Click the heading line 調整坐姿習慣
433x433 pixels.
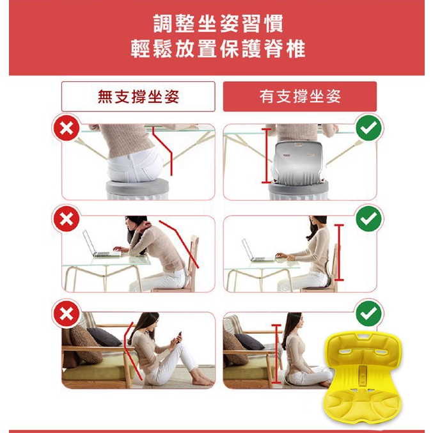[x=218, y=24]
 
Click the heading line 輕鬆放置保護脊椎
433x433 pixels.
[x=218, y=49]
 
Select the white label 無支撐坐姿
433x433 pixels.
[x=138, y=97]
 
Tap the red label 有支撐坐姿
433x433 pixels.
[x=300, y=97]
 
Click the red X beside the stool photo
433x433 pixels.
[x=67, y=129]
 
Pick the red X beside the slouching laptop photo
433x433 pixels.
[x=67, y=219]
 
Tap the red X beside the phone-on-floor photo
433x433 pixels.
[x=67, y=313]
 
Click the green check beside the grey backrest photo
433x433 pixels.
[x=368, y=128]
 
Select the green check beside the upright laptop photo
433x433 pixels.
[x=368, y=219]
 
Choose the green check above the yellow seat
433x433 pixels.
[x=368, y=313]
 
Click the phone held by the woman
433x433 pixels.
[x=179, y=336]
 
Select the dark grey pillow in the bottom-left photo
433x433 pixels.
[x=104, y=336]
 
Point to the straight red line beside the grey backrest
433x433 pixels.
[x=267, y=156]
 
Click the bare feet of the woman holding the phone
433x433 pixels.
[x=203, y=381]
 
